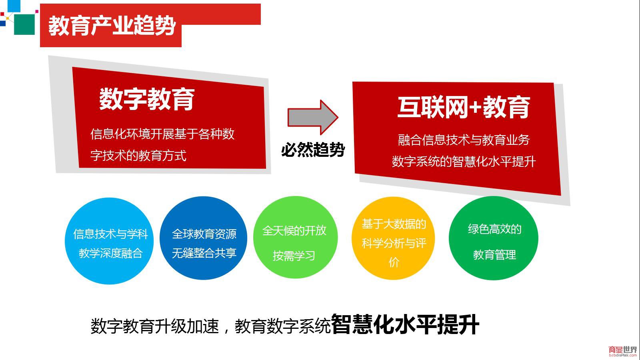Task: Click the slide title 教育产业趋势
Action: tap(112, 26)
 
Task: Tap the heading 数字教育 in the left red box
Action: tap(147, 99)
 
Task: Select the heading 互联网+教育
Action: tap(464, 108)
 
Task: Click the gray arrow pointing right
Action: tap(313, 117)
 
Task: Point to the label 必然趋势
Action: tap(313, 150)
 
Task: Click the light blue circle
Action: tap(109, 241)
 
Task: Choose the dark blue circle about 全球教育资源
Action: tap(204, 238)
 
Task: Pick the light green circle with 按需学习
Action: tap(296, 237)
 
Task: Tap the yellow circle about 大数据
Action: tap(394, 238)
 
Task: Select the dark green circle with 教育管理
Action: tap(494, 238)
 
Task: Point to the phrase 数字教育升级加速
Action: tap(155, 326)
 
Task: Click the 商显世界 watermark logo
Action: tap(623, 351)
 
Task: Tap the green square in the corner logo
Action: tap(24, 24)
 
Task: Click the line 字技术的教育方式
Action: tap(138, 156)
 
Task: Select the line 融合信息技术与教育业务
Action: tap(464, 140)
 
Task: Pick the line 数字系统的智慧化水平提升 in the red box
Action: tap(464, 162)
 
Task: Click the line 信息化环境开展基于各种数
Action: tap(162, 134)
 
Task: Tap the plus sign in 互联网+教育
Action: tap(476, 108)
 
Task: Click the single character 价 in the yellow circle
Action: tap(394, 262)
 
